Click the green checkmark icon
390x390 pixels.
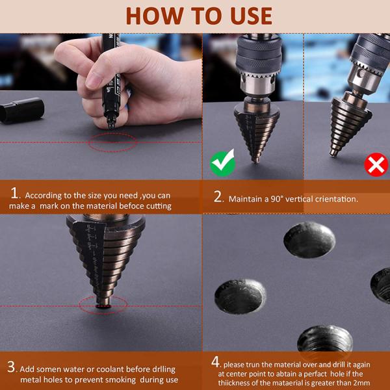tap(222, 163)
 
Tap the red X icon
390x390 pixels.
tap(376, 164)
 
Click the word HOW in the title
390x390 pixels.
tap(156, 16)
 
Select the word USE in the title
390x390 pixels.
tap(251, 16)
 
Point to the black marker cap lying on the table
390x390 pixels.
tap(22, 110)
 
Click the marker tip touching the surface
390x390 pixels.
tap(111, 127)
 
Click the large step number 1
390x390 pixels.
tap(14, 193)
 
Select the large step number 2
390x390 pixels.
tap(218, 197)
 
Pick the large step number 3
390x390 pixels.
tap(11, 367)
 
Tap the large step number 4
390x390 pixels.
tap(215, 362)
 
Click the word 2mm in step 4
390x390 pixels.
tap(361, 383)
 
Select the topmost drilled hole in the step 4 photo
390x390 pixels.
tap(309, 240)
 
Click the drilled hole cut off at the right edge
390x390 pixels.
tap(380, 285)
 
